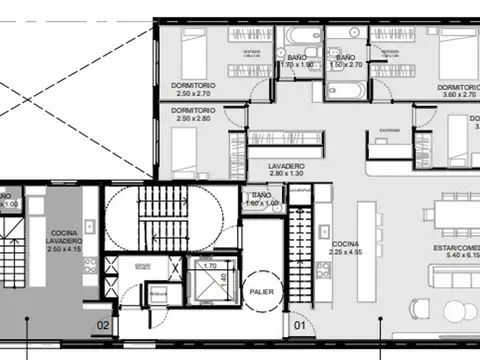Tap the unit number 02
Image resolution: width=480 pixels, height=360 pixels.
click(x=102, y=324)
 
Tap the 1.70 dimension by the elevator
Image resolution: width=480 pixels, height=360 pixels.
click(x=210, y=267)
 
